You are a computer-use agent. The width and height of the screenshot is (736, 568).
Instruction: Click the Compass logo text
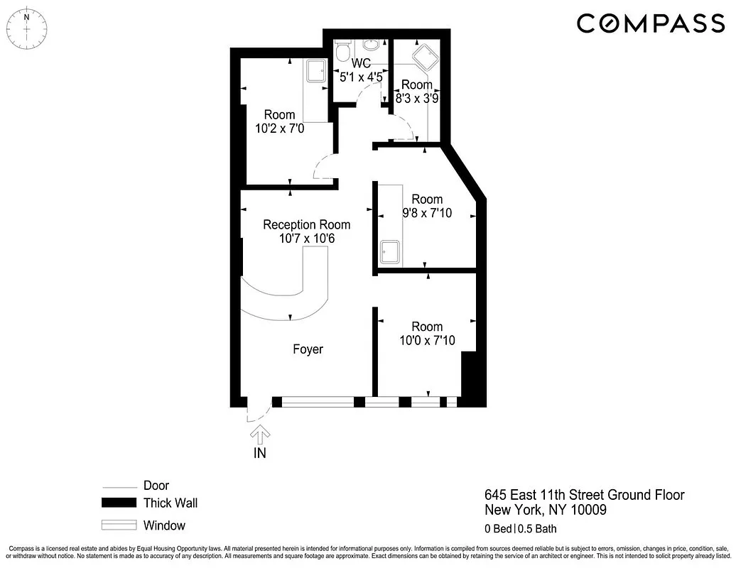point(650,23)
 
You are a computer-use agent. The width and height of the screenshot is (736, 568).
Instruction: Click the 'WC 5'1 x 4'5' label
point(362,67)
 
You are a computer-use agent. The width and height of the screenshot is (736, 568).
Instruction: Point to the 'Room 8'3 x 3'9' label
point(416,93)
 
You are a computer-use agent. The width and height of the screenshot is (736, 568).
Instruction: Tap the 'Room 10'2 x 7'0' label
point(279,122)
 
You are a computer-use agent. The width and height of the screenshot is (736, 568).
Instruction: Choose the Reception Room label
point(306,231)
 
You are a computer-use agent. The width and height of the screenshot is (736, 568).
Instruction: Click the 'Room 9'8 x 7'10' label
point(427,207)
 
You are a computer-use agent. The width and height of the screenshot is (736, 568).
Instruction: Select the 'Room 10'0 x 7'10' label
point(427,334)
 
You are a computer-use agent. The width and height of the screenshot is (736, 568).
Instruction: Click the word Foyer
point(308,349)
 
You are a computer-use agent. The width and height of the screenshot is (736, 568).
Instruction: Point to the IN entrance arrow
point(260,433)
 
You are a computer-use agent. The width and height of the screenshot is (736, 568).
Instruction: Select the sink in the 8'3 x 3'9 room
point(425,55)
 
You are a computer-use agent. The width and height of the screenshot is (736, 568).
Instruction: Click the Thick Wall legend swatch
point(118,503)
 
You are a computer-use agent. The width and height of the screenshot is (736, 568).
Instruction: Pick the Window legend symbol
point(118,526)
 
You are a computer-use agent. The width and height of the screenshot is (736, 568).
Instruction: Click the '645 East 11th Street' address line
point(584,495)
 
